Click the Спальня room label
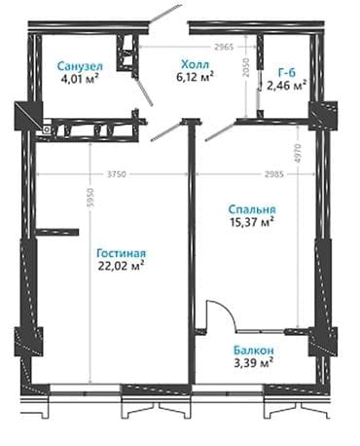[x=251, y=207]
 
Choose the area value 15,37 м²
[x=251, y=222]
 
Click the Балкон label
[x=252, y=350]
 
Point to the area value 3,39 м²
[x=252, y=364]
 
